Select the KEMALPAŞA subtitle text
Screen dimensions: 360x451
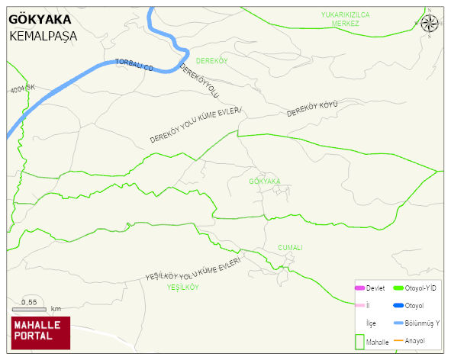pos(44,36)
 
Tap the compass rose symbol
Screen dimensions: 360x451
pos(430,23)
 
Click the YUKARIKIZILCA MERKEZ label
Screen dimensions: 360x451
pos(345,19)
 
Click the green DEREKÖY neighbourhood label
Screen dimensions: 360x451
pos(212,59)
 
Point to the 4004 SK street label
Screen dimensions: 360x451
pos(23,89)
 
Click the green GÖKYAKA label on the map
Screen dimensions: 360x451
pos(265,182)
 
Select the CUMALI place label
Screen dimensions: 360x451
pos(290,247)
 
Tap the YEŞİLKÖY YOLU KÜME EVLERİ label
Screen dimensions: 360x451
pos(193,270)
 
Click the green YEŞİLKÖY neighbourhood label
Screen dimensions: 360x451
pos(182,288)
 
